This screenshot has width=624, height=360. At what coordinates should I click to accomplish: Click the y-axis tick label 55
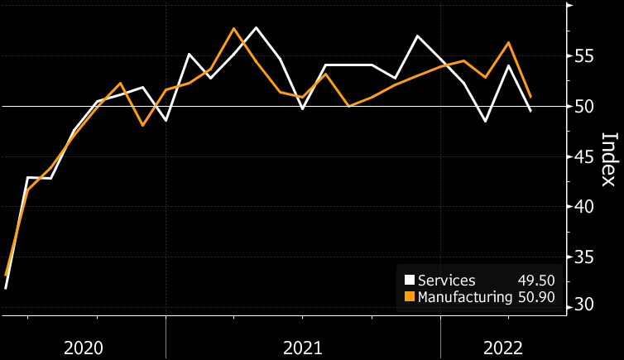tap(584, 56)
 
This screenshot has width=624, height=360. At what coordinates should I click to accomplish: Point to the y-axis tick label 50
tap(584, 107)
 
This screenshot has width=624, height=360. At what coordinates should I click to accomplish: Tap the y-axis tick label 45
tap(584, 156)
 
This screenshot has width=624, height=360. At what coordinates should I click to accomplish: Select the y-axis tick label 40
tap(584, 206)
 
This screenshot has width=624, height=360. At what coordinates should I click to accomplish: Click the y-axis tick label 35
tap(584, 257)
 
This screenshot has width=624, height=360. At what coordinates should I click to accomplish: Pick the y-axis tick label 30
tap(584, 306)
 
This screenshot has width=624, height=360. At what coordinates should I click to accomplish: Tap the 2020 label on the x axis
tap(84, 347)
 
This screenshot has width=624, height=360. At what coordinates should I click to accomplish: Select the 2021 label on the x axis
tap(302, 347)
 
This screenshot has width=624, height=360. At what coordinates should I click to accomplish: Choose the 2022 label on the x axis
tap(502, 347)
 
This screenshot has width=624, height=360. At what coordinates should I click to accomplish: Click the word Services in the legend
tap(447, 280)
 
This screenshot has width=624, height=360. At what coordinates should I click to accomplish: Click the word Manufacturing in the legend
tap(465, 296)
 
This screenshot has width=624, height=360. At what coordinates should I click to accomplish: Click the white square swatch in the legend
tap(409, 280)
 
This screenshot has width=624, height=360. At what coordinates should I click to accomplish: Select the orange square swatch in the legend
tap(409, 296)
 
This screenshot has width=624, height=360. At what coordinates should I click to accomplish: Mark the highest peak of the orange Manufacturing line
tap(233, 28)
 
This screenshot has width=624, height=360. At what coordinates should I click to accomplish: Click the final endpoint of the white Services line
tap(530, 111)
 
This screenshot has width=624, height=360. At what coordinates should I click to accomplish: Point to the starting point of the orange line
tap(6, 275)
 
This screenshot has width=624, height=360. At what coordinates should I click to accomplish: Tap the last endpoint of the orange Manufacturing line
tap(530, 97)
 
